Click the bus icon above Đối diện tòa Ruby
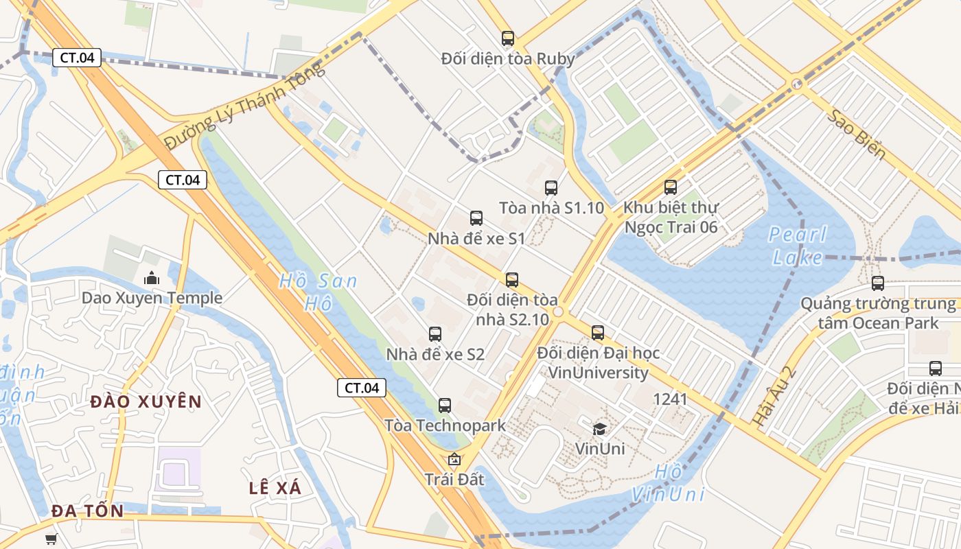coord(507,38)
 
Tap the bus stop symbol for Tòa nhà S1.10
coord(551,188)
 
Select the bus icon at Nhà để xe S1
coord(476,218)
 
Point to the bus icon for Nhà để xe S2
coord(435,334)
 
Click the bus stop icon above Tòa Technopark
coord(444,405)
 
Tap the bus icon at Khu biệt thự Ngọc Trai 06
coord(670,187)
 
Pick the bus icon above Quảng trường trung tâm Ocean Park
coord(877,283)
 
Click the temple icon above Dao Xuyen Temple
coord(151,278)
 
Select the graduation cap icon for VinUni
coord(599,429)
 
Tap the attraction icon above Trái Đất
coord(453,459)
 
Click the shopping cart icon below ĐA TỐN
coord(51,539)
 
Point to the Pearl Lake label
coord(798,246)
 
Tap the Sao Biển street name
coord(855,134)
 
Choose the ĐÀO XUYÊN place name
coord(146,402)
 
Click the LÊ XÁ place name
coord(275,488)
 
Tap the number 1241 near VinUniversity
coord(670,399)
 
